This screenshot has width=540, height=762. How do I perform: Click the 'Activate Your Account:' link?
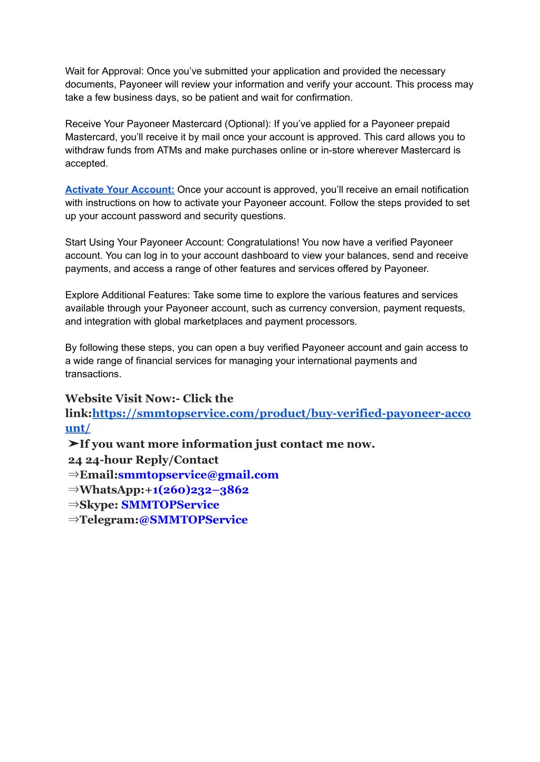tap(120, 190)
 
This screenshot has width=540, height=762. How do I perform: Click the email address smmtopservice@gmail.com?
tap(198, 475)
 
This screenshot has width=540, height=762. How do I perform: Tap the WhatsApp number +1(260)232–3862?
tap(200, 490)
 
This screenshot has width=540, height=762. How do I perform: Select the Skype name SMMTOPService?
tap(170, 504)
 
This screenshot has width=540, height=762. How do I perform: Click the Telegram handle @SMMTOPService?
tap(193, 520)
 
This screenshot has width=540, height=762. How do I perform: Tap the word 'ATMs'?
tap(169, 150)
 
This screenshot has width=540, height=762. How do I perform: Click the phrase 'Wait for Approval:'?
tap(104, 71)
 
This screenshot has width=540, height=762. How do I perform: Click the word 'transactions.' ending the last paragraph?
tap(93, 374)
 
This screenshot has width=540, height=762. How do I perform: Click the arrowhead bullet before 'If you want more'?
tap(73, 444)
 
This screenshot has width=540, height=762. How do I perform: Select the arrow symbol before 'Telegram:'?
tap(73, 520)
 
